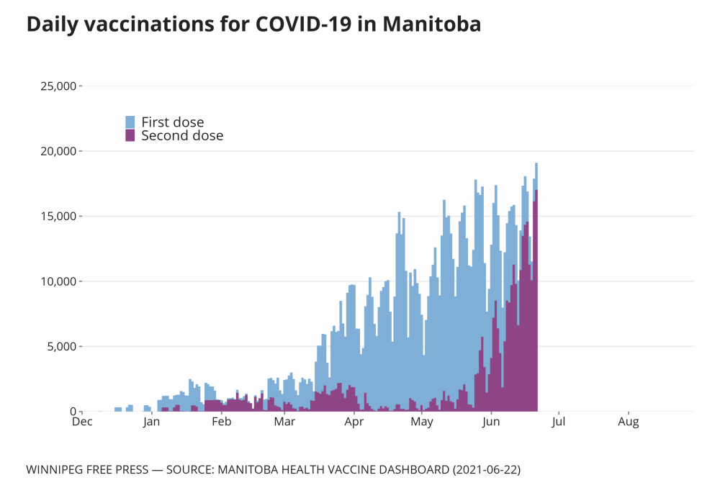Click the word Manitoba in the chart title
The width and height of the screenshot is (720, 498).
click(431, 24)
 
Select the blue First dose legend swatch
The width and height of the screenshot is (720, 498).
click(130, 122)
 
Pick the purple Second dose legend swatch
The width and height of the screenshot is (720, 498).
click(130, 135)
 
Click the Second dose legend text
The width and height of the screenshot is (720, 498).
click(182, 135)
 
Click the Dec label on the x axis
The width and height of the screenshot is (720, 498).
click(82, 422)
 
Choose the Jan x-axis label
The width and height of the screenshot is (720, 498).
click(151, 422)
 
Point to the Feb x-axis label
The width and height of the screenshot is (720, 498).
click(221, 422)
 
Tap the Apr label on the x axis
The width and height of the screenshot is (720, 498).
click(354, 422)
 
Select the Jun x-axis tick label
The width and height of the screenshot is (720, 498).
click(491, 422)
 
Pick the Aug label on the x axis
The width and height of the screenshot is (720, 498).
click(629, 422)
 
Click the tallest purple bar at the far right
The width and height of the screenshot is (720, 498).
click(536, 302)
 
